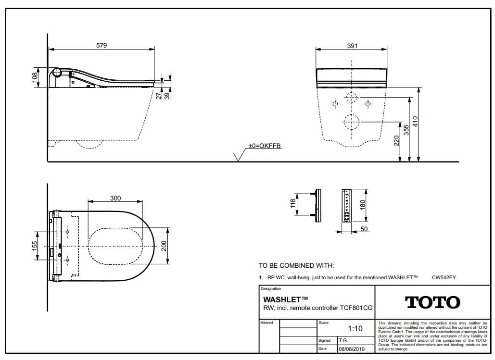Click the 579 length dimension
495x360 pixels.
(102, 46)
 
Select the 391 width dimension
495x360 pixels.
(352, 46)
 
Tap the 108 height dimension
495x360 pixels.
(35, 77)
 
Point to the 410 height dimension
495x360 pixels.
(415, 122)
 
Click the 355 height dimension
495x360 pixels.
(406, 130)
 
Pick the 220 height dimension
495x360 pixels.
(397, 141)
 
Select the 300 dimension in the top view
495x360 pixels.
(115, 198)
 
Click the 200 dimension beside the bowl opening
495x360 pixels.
(164, 246)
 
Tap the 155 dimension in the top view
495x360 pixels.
(35, 246)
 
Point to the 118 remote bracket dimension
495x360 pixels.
(293, 203)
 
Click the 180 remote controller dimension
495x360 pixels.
(362, 204)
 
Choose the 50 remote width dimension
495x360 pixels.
(364, 229)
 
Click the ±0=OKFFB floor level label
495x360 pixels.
(265, 146)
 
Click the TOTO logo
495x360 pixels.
(432, 302)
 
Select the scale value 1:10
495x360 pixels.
(355, 329)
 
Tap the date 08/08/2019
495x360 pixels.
(352, 349)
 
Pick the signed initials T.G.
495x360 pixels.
(343, 340)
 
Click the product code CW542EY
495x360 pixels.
(444, 278)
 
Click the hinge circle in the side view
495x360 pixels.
(57, 72)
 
